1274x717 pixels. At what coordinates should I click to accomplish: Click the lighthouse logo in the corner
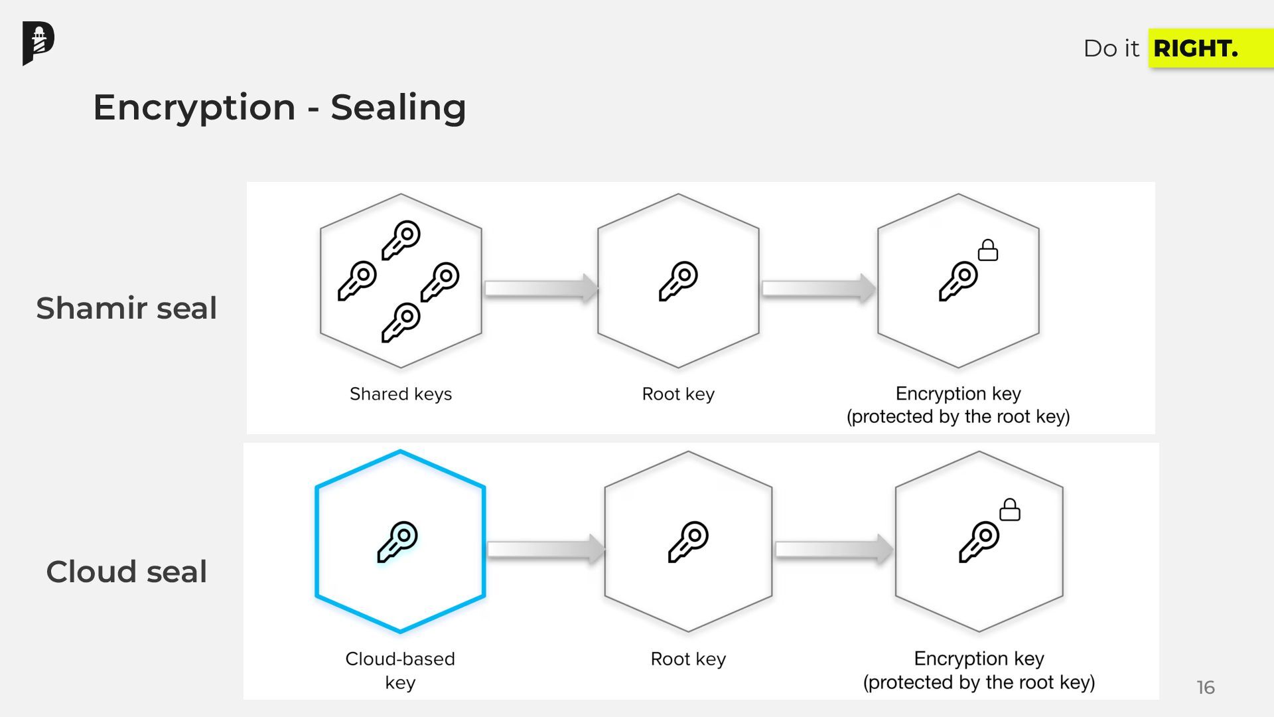(x=38, y=43)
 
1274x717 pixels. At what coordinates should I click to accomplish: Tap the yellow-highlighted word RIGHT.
(x=1195, y=48)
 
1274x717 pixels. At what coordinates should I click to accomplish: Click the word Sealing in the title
(x=398, y=108)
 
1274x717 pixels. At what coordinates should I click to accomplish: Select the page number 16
(x=1205, y=687)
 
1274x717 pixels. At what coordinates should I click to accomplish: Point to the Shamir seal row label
(x=126, y=308)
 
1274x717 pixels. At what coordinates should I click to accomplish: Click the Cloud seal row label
(x=126, y=572)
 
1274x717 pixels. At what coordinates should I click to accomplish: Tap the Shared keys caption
(x=401, y=394)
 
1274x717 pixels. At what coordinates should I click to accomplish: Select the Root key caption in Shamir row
(x=678, y=394)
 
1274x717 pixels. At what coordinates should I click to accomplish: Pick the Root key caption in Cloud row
(x=688, y=659)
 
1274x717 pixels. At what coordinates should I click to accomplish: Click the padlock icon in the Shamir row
(x=988, y=250)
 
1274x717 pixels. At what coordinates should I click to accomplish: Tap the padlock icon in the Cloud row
(x=1010, y=510)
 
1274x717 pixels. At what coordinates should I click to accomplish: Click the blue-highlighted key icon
(x=398, y=542)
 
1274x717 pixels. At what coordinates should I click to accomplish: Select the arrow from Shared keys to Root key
(x=541, y=288)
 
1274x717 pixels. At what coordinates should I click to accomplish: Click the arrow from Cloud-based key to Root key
(x=545, y=549)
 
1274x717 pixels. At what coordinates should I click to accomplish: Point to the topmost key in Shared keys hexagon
(x=401, y=240)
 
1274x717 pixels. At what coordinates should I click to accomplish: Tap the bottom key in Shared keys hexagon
(x=401, y=322)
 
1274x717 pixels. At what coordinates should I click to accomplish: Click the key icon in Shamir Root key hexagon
(x=678, y=281)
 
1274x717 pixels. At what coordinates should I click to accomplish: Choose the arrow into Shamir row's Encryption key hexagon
(x=819, y=288)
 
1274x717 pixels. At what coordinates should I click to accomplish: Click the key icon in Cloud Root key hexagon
(x=688, y=542)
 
